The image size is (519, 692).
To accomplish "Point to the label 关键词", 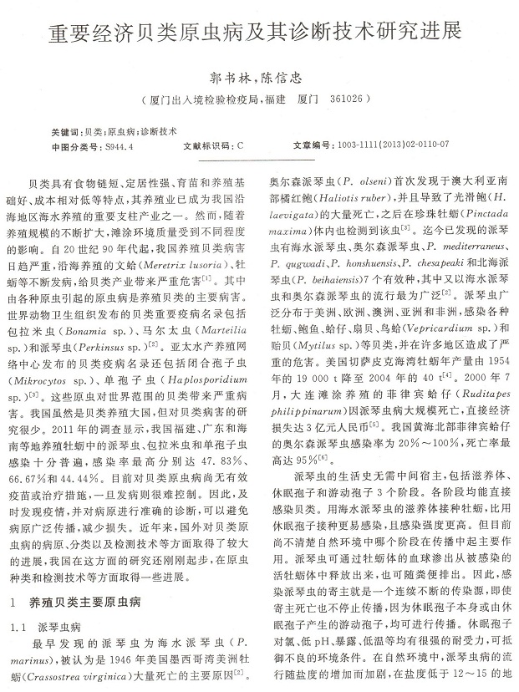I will coord(66,131).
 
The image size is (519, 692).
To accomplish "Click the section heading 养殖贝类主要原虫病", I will coord(91,603).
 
